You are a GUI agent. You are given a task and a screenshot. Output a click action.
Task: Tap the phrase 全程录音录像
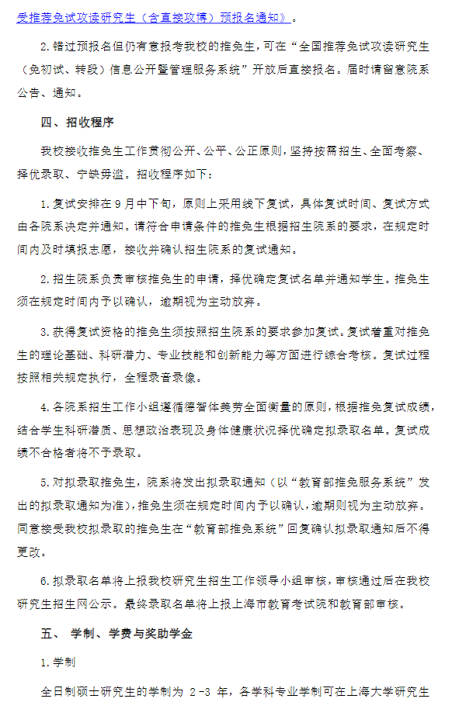pyautogui.click(x=162, y=379)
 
